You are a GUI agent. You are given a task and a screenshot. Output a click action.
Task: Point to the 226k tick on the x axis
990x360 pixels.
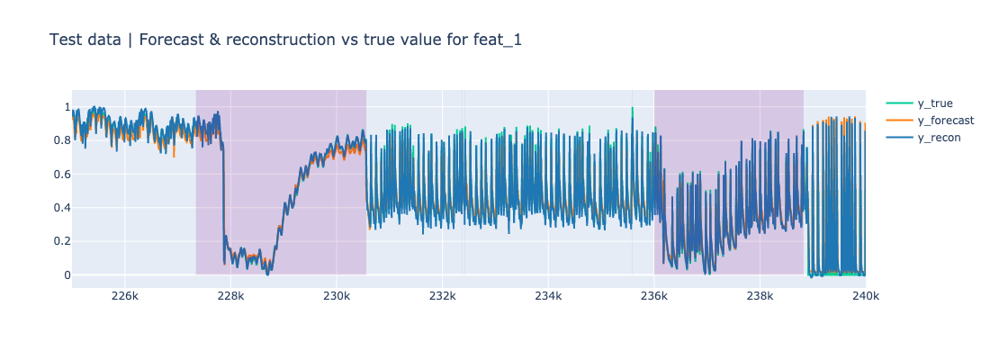[x=125, y=296]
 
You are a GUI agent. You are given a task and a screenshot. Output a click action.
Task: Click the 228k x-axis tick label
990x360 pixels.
[x=231, y=296]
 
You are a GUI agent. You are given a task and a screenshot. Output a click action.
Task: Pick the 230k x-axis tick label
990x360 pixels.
[x=337, y=296]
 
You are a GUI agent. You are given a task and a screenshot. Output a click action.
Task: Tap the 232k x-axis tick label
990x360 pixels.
[x=443, y=296]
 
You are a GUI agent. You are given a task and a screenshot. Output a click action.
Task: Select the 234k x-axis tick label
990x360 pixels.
[x=548, y=296]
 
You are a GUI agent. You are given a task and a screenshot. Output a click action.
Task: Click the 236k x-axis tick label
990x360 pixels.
[x=654, y=296]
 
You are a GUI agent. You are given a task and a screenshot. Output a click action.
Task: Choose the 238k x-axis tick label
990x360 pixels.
[x=760, y=296]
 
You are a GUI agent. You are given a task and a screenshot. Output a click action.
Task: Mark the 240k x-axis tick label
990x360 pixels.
[x=865, y=296]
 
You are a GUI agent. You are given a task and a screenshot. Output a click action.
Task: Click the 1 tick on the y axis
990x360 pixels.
[x=65, y=107]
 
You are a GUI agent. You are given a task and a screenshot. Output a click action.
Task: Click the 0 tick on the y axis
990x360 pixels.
[x=65, y=274]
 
